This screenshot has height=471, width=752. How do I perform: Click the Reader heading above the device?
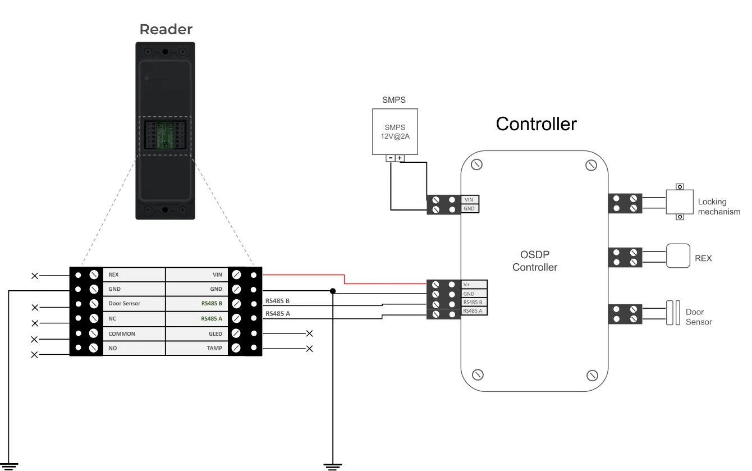[166, 30]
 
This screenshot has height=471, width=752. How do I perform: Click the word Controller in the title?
[536, 124]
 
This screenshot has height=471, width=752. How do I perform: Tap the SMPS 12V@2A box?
[395, 131]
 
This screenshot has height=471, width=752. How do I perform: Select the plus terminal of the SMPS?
[400, 158]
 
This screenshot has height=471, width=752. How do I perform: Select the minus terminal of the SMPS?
[391, 158]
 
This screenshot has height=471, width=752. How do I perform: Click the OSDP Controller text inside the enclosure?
[535, 261]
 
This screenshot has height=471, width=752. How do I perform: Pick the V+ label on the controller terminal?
[467, 285]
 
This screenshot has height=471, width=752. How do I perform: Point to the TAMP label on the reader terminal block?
[214, 348]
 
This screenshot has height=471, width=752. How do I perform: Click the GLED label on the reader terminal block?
[215, 333]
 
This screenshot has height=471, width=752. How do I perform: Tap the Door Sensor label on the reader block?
[124, 303]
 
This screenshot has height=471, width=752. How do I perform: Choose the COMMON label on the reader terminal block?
[122, 333]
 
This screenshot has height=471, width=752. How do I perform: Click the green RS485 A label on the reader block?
[212, 318]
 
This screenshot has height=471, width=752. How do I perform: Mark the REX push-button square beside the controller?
[678, 256]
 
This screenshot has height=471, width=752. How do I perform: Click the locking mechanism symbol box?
[680, 202]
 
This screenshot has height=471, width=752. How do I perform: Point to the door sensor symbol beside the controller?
[673, 313]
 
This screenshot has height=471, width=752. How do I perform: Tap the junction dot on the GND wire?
[333, 291]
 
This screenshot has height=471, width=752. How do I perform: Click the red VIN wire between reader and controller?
[345, 280]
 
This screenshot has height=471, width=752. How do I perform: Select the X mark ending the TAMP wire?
[310, 349]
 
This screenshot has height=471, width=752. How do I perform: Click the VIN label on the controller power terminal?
[469, 200]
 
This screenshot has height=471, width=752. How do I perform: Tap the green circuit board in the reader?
[165, 135]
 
